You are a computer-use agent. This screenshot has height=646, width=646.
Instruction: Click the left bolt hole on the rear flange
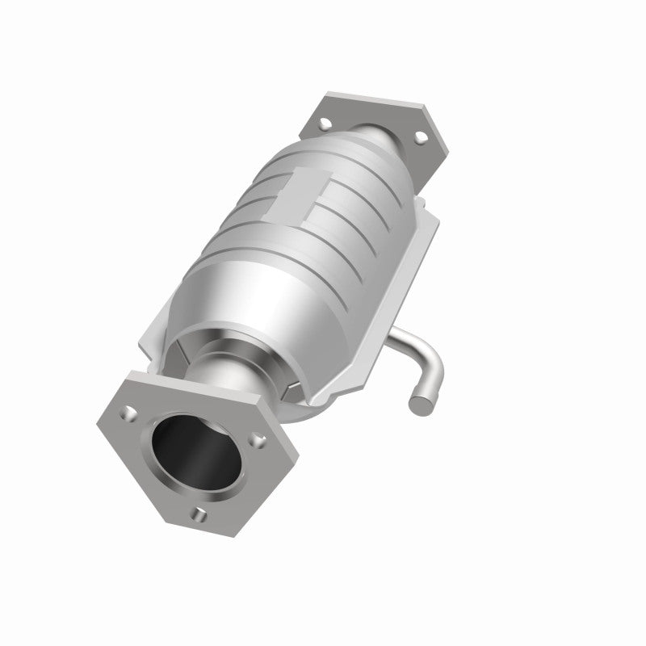click(x=325, y=124)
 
